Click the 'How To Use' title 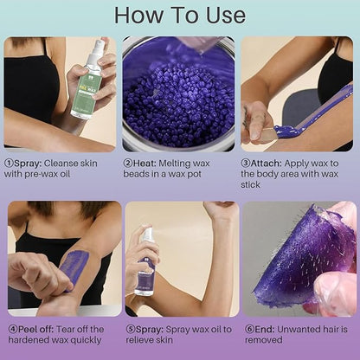click(179, 16)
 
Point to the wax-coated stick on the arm click(313, 113)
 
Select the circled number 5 click(129, 328)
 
